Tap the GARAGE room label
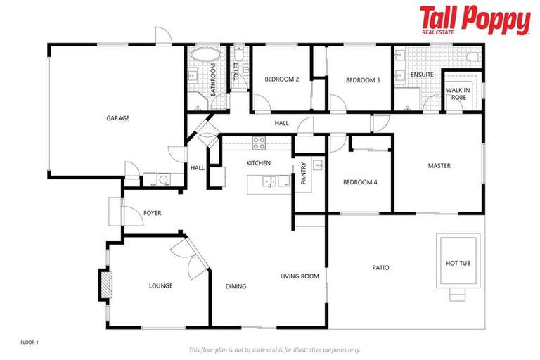117,118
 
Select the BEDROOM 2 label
282,79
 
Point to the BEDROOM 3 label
363,80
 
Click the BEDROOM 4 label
360,182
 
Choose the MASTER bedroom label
439,166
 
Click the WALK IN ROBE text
458,94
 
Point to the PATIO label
380,268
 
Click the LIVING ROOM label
300,276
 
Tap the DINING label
236,286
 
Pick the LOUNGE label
160,286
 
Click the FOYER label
153,212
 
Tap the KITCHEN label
258,163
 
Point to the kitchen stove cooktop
259,143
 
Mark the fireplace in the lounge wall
103,283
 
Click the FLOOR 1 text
29,342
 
